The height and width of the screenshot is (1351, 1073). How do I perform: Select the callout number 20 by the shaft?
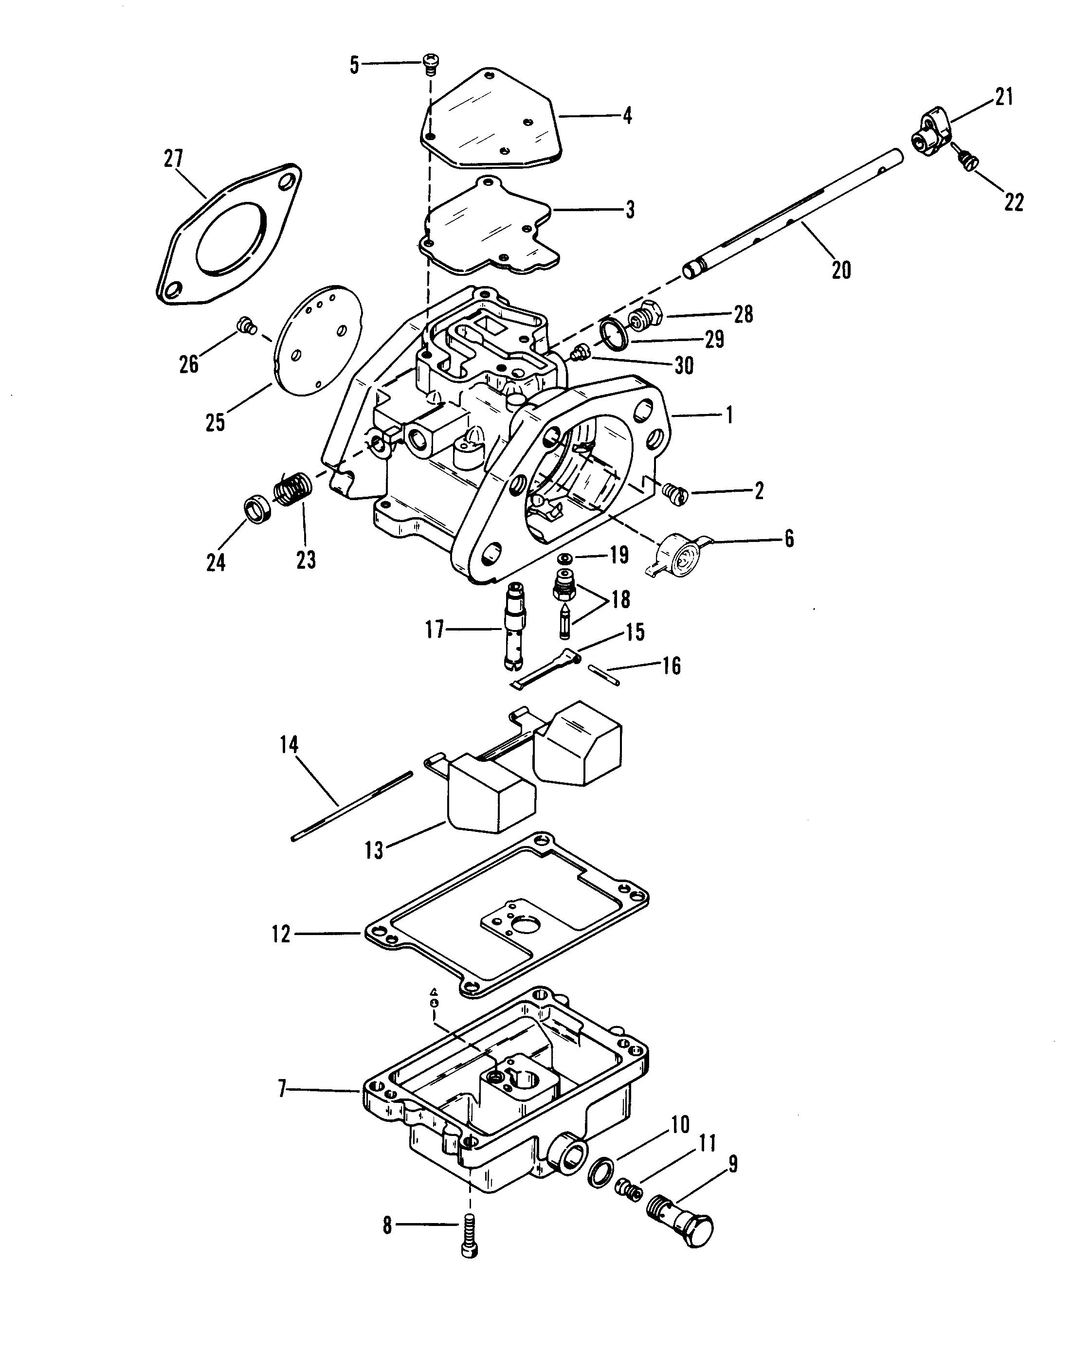(x=840, y=270)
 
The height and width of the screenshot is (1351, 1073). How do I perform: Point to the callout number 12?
(x=281, y=952)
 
